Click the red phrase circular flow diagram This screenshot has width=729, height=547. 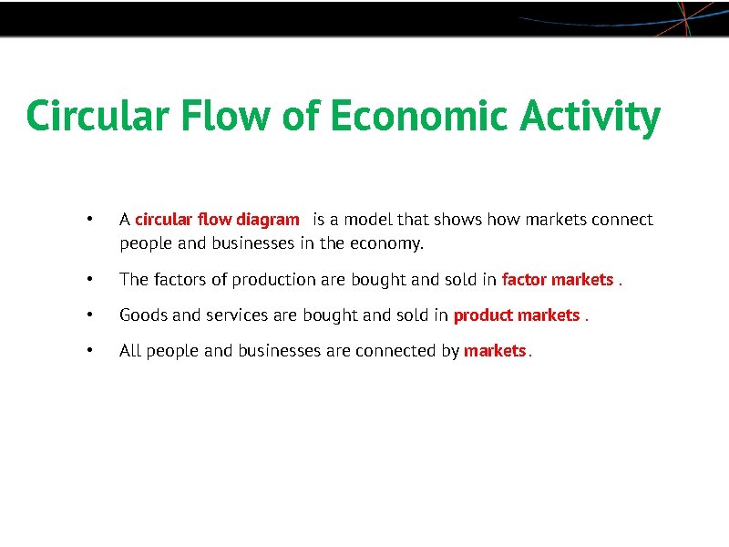217,220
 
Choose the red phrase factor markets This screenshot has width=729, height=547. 558,280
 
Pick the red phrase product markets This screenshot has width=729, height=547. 517,315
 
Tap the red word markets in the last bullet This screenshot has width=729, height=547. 495,351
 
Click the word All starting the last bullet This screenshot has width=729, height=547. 130,351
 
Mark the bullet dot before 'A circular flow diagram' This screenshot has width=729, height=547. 87,220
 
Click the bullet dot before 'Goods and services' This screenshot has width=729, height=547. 87,315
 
